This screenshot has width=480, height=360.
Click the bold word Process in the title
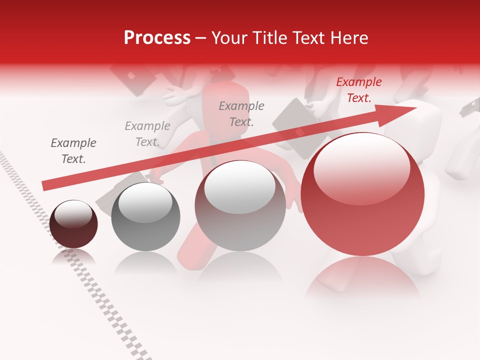157,37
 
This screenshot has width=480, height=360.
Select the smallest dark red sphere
73,224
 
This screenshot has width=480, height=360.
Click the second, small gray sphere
145,216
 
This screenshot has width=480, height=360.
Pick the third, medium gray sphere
240,205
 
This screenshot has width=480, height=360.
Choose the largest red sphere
362,194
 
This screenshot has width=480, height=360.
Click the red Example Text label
358,90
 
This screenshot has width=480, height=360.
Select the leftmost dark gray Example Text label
73,151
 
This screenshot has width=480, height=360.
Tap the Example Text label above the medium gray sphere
241,113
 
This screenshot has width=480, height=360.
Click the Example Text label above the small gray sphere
147,134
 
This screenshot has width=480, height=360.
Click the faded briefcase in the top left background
131,79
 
